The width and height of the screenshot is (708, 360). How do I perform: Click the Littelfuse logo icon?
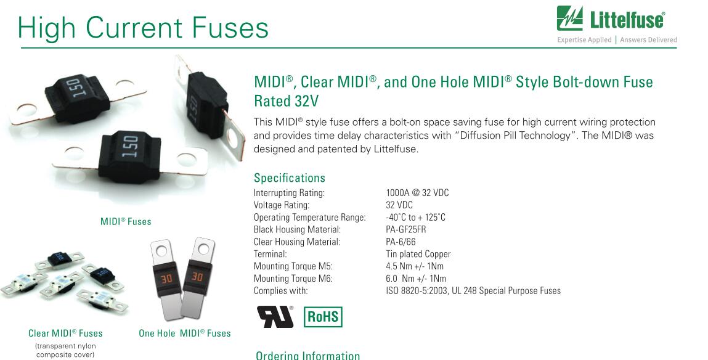[569, 18]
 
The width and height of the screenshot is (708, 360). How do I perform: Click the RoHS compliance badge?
[323, 317]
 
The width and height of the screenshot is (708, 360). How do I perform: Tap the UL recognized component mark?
[275, 317]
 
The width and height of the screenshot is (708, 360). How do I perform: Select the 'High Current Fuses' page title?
[143, 27]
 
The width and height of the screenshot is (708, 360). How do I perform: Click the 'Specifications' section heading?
[290, 178]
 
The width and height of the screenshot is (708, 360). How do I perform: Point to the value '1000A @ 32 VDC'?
[417, 193]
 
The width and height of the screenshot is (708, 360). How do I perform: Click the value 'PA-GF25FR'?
[406, 229]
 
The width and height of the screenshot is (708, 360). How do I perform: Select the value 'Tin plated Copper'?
[418, 255]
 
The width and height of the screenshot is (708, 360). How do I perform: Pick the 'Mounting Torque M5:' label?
[293, 266]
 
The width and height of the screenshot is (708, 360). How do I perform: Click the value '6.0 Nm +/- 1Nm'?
[416, 278]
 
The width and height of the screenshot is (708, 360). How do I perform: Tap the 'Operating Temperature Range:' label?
[310, 217]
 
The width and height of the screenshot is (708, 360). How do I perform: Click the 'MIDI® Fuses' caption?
[126, 221]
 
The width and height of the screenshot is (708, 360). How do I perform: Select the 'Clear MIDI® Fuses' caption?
[65, 333]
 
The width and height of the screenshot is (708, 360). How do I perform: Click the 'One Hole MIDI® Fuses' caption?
[185, 333]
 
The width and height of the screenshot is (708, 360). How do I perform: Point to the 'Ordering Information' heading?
[308, 356]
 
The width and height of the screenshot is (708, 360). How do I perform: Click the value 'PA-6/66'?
[401, 242]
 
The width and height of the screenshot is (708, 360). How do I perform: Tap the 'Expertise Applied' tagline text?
[584, 39]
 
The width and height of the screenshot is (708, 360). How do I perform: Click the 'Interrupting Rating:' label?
[289, 193]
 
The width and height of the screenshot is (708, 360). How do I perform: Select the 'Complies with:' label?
[280, 291]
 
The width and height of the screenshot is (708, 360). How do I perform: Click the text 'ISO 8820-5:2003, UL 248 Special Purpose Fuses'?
[473, 291]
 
